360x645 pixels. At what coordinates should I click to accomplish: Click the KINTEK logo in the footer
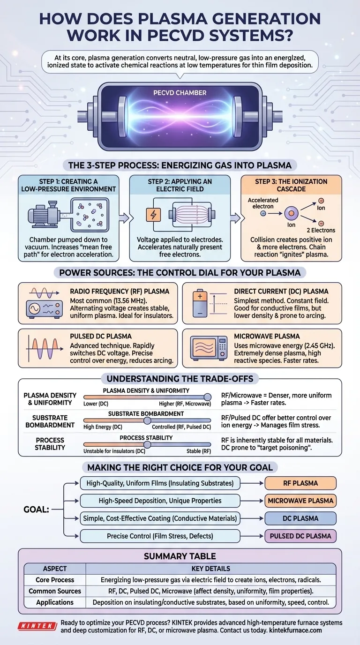[38, 626]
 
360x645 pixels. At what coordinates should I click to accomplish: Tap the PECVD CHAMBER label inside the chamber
[180, 93]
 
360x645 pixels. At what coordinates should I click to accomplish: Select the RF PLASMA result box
[300, 483]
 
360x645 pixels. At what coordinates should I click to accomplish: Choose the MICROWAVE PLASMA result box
[300, 501]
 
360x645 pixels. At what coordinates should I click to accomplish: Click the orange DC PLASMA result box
[300, 518]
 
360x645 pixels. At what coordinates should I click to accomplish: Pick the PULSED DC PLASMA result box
[300, 536]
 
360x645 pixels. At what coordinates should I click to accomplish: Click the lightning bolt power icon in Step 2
[153, 215]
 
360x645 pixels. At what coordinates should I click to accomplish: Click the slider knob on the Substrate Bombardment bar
[147, 420]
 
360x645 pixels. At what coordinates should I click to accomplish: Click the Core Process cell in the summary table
[54, 579]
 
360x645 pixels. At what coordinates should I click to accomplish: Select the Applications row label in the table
[54, 602]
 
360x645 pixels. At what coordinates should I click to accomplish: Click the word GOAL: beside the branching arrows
[36, 509]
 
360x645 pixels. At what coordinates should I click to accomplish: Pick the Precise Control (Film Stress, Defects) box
[160, 536]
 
